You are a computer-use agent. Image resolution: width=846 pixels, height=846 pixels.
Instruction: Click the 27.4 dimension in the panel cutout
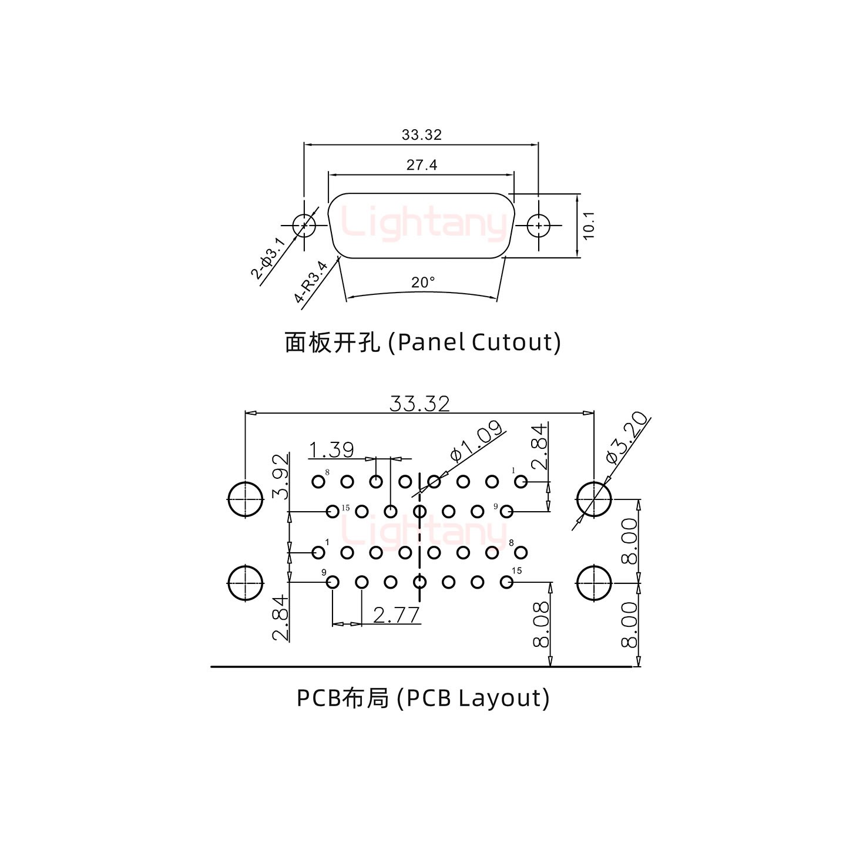[x=422, y=165]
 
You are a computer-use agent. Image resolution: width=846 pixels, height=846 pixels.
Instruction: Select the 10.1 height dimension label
[x=589, y=225]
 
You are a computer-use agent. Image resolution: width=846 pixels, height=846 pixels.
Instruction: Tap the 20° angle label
[x=423, y=283]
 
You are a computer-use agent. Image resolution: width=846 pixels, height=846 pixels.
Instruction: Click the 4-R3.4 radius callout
[x=311, y=282]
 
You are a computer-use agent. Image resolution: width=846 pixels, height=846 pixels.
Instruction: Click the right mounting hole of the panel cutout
[x=538, y=226]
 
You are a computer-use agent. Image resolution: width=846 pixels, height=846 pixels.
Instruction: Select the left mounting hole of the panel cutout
[x=304, y=225]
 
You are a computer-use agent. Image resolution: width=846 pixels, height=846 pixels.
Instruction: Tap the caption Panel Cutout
[x=422, y=342]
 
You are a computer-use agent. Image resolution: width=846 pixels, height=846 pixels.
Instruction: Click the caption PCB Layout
[x=422, y=698]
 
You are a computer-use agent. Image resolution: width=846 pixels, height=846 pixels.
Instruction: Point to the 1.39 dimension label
[x=331, y=450]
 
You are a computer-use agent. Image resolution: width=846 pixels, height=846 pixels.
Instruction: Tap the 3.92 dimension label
[x=282, y=476]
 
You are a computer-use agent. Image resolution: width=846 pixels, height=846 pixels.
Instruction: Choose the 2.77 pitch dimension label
[x=397, y=615]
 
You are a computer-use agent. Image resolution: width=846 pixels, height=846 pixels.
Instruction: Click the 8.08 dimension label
[x=541, y=624]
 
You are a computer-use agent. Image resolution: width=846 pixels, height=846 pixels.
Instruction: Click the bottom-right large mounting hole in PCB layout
[x=594, y=583]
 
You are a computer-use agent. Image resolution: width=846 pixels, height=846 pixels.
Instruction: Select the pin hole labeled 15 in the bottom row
[x=506, y=582]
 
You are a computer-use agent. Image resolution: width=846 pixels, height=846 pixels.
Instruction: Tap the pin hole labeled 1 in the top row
[x=521, y=482]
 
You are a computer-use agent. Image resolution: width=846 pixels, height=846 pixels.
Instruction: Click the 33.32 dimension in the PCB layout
[x=419, y=404]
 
